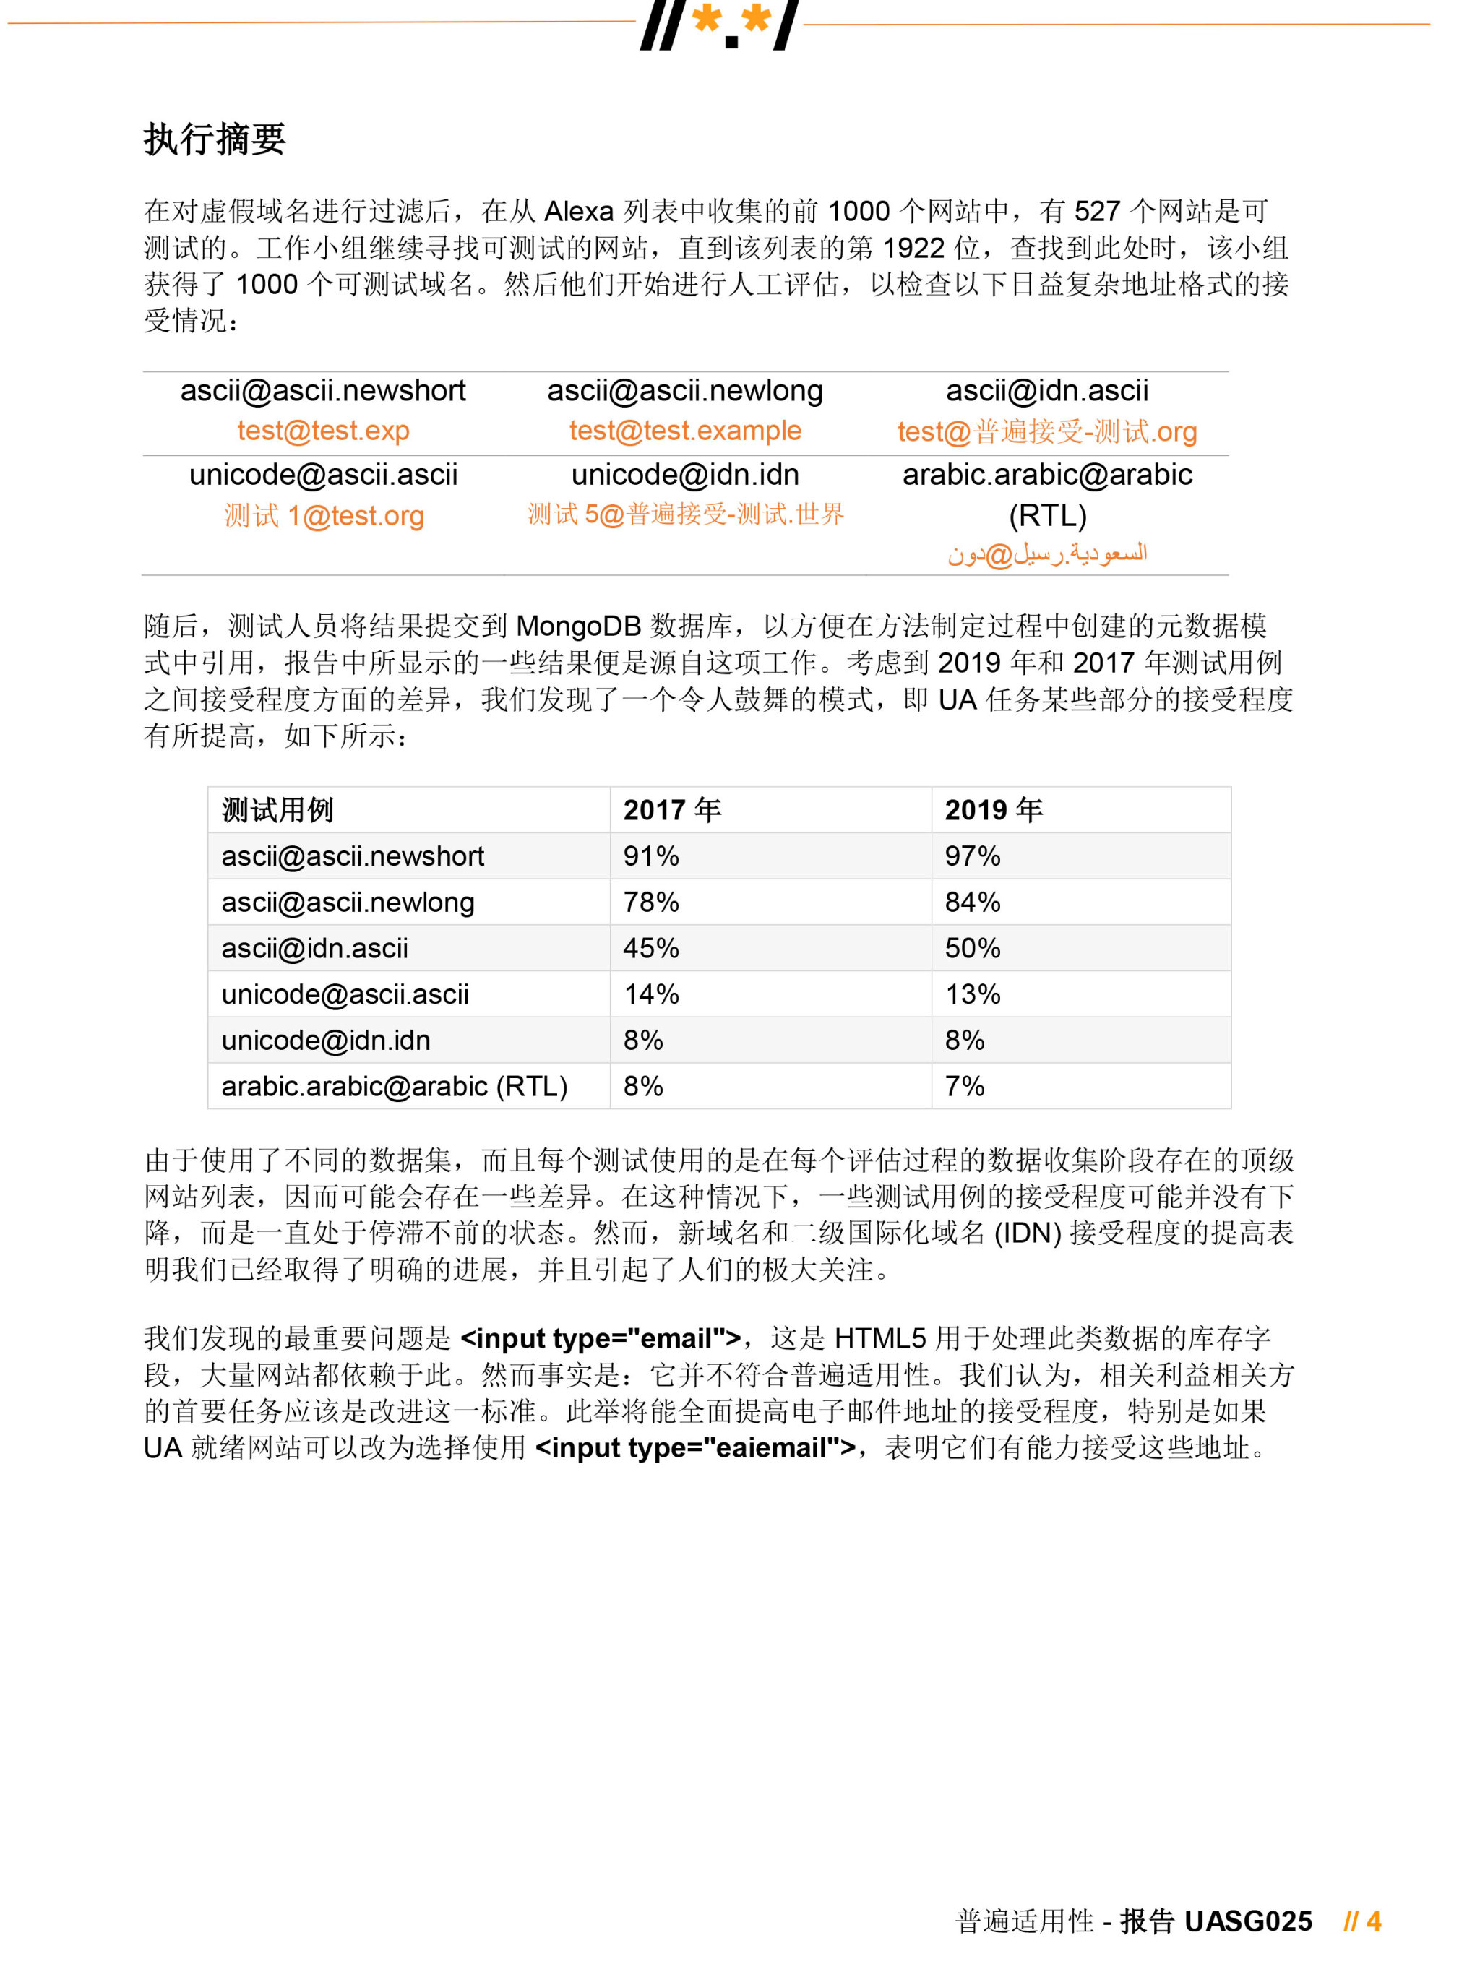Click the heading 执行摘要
tap(215, 139)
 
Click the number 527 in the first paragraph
tap(1096, 212)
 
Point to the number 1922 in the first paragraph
tap(913, 249)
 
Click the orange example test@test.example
tap(684, 431)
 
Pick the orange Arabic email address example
tap(1046, 554)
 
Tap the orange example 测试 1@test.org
tap(324, 516)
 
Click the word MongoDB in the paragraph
tap(578, 626)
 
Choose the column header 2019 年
tap(993, 810)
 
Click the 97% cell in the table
tap(973, 856)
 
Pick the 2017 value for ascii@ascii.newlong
tap(650, 902)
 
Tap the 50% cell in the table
tap(973, 948)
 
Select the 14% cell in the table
tap(650, 994)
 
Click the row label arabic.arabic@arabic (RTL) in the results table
tap(394, 1086)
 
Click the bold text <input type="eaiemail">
tap(694, 1447)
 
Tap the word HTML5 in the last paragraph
tap(879, 1338)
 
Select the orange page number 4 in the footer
tap(1373, 1921)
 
